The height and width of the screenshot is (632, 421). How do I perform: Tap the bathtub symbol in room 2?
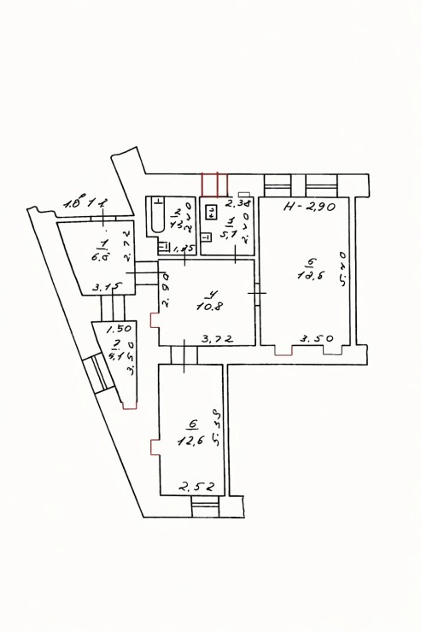click(x=156, y=216)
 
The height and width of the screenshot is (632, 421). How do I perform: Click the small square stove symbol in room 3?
click(x=210, y=213)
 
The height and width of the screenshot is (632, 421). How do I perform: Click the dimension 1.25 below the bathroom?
click(x=184, y=249)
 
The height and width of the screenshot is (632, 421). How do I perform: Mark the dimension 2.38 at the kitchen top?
click(x=237, y=203)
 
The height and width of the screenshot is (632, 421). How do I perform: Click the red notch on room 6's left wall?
click(x=154, y=447)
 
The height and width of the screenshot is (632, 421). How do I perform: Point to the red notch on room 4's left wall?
click(x=155, y=321)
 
